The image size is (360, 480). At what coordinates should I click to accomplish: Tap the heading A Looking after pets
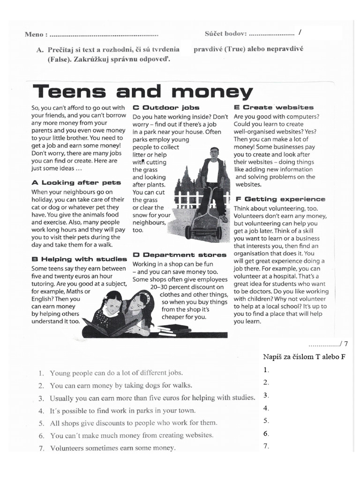76,182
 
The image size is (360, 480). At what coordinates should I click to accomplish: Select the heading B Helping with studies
79,259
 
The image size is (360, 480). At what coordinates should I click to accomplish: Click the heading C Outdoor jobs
166,107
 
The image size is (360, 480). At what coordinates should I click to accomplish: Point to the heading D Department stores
180,255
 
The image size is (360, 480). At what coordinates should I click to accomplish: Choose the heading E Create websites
274,107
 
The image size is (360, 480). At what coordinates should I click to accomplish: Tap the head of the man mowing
214,153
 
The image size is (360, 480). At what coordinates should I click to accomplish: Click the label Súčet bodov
225,34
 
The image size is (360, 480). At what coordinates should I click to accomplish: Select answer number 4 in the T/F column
266,408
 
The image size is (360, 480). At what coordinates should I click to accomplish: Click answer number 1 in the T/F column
266,370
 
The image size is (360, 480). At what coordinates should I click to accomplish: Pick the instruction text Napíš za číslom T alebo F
304,357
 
